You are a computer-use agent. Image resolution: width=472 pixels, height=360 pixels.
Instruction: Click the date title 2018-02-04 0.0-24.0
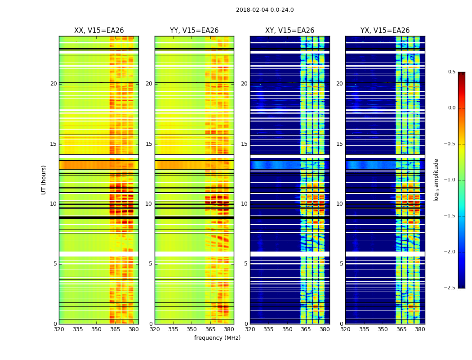click(265, 10)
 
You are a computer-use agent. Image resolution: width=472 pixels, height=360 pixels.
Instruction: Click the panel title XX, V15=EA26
click(99, 31)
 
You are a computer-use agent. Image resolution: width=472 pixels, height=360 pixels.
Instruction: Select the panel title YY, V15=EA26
click(194, 31)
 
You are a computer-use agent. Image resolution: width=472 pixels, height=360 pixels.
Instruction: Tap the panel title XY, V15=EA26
click(289, 31)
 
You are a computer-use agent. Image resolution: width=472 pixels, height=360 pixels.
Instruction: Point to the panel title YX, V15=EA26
click(385, 31)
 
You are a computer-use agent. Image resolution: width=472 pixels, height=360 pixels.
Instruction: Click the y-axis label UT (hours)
click(44, 180)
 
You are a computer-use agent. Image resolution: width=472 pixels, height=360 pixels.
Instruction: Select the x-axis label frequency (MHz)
click(217, 338)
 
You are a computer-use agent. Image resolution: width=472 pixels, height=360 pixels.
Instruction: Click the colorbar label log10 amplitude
click(436, 180)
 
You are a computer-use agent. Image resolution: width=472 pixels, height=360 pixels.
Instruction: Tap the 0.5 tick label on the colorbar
click(451, 72)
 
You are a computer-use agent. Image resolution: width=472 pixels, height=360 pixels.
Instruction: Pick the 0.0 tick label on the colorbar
click(451, 108)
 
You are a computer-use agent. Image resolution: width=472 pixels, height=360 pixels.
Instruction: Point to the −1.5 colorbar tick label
click(450, 216)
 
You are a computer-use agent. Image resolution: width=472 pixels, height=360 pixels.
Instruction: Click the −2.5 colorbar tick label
click(450, 288)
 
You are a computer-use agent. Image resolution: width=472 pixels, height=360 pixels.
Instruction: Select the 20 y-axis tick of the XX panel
click(53, 84)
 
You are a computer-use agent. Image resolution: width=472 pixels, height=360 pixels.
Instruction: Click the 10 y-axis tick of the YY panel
click(149, 204)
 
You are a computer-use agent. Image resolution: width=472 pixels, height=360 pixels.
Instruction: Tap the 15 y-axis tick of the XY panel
click(244, 144)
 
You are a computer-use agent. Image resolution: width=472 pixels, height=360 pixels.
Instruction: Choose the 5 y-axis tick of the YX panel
click(341, 264)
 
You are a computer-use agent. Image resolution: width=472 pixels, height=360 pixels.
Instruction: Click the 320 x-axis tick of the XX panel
click(59, 329)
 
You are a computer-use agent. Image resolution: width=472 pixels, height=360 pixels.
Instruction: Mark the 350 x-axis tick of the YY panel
click(192, 329)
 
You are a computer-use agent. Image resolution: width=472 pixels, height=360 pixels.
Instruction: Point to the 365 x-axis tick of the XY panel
click(306, 329)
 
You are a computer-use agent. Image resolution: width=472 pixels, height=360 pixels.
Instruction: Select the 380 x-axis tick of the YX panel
click(420, 329)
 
